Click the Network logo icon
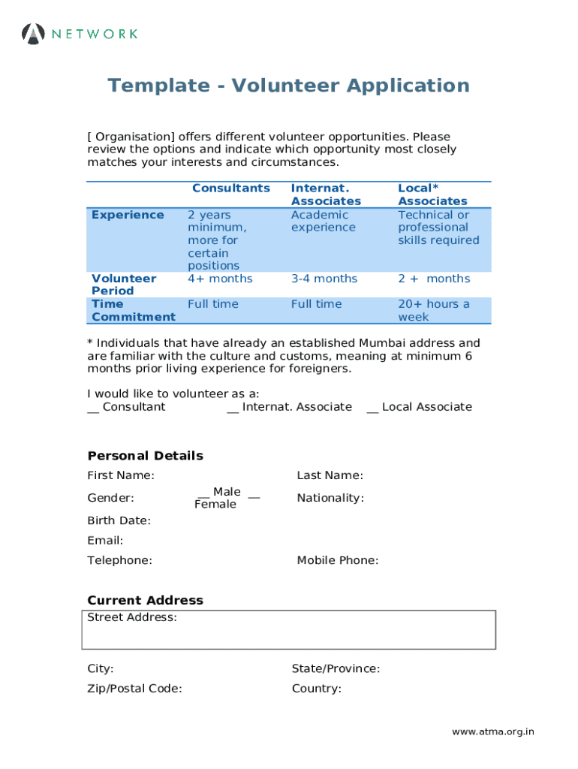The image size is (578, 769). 34,34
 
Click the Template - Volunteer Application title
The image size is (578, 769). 288,86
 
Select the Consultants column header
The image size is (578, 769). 230,188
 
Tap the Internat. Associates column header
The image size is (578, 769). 326,195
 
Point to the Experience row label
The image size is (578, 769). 128,215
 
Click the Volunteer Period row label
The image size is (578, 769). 124,285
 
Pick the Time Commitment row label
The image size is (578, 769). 133,310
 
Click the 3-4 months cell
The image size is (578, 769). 324,279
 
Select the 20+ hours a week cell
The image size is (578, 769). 433,310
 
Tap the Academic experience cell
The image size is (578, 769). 324,221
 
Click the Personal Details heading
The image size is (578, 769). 145,456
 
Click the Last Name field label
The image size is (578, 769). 330,475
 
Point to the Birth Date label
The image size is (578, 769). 119,520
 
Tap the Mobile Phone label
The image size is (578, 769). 337,560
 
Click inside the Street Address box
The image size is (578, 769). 288,635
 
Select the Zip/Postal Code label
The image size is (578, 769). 134,689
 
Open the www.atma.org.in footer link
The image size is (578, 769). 492,732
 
